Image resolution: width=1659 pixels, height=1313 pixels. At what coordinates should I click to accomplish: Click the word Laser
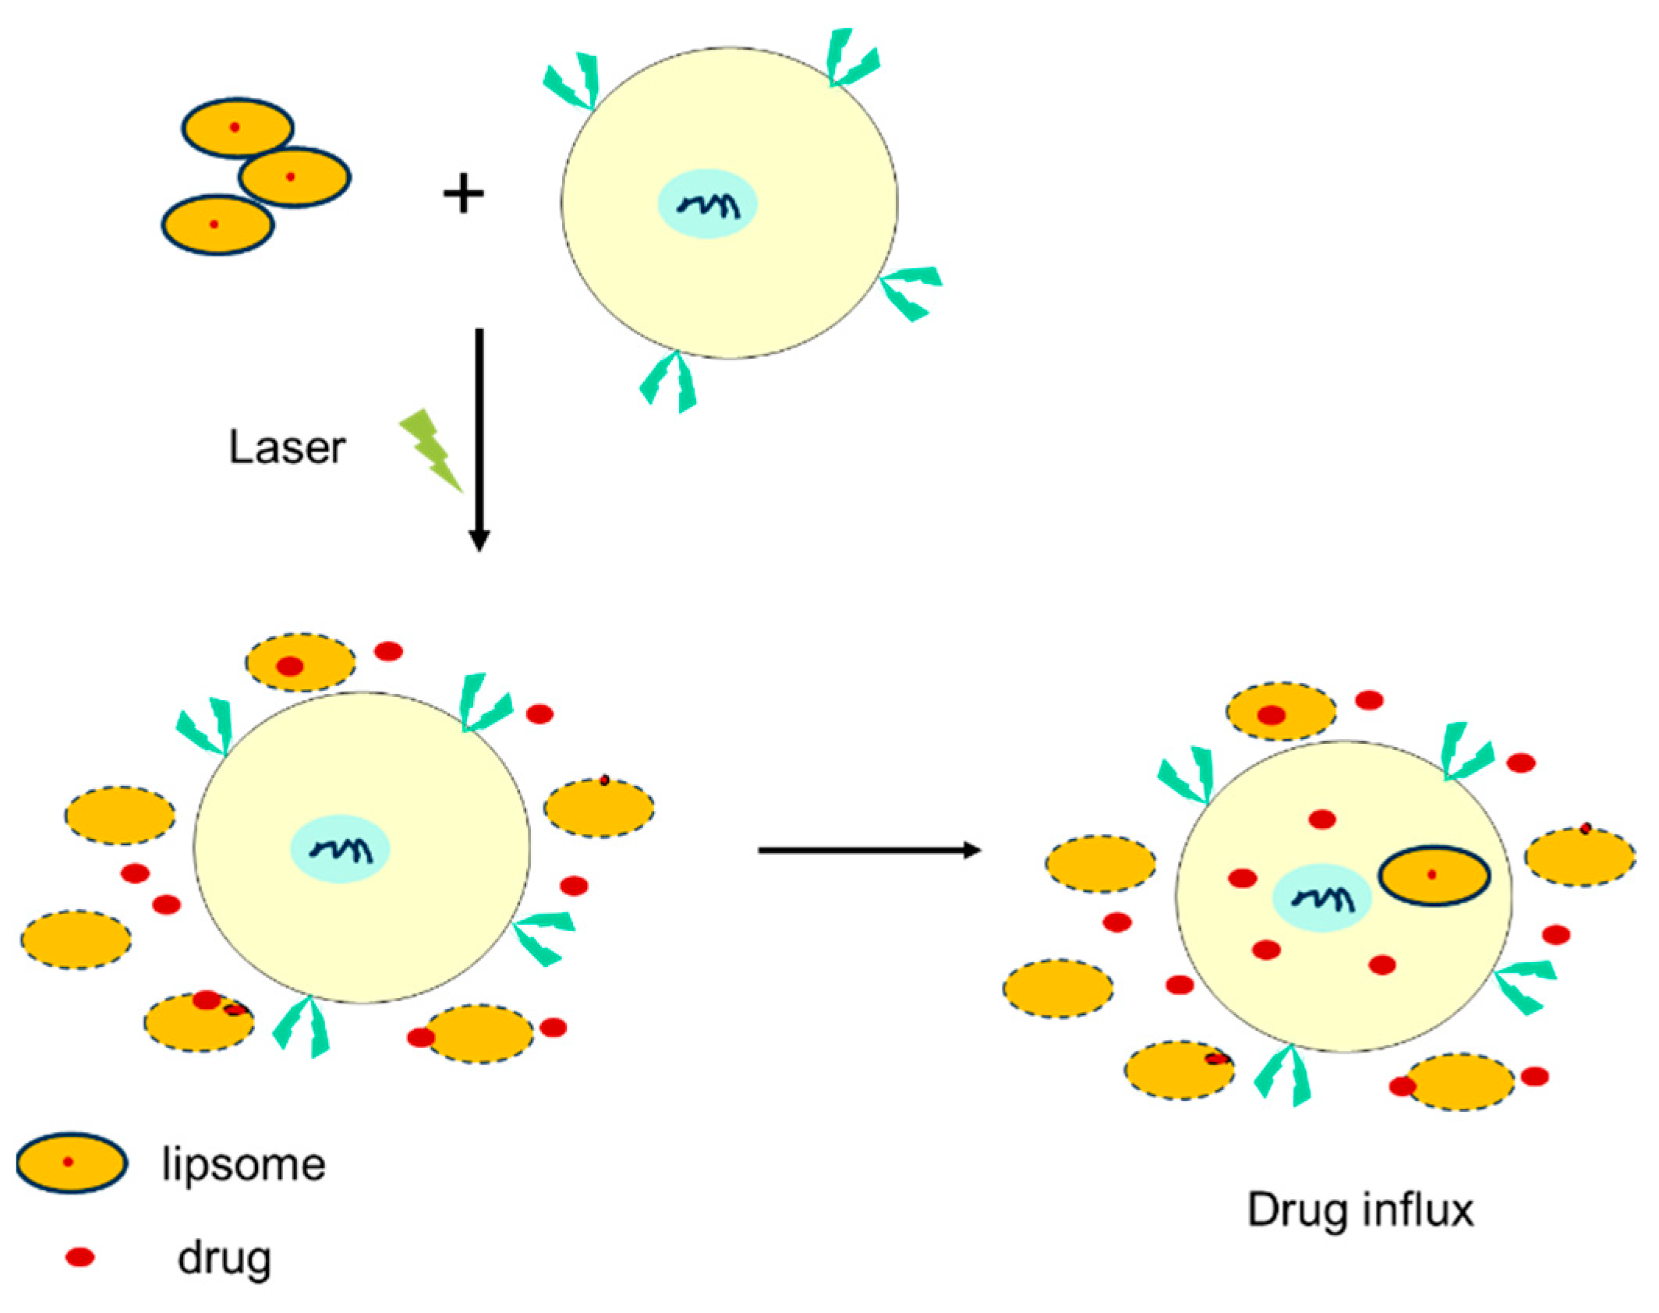tap(286, 448)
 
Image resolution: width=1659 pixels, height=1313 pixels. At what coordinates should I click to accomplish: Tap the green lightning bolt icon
tap(430, 449)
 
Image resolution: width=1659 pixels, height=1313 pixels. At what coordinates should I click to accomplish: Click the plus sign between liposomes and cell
tap(464, 193)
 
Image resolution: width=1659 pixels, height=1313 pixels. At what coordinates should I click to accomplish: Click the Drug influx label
tap(1360, 1211)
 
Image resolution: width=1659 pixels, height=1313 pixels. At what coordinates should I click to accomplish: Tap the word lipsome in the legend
tap(243, 1166)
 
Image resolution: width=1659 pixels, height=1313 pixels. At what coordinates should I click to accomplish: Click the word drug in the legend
tap(224, 1258)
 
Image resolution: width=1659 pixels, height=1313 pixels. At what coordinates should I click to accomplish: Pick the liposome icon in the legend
tap(71, 1163)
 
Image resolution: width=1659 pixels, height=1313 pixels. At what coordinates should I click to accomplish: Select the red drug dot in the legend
tap(80, 1257)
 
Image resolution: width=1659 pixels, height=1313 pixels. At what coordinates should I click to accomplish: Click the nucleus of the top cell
tap(707, 204)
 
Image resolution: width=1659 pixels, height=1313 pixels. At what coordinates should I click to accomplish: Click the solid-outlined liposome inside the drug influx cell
tap(1434, 876)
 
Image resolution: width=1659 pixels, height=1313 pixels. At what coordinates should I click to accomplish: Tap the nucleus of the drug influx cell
tap(1321, 898)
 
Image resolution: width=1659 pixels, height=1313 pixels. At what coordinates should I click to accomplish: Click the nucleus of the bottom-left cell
tap(340, 849)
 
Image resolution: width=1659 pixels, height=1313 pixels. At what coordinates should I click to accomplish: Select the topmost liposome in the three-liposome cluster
tap(237, 127)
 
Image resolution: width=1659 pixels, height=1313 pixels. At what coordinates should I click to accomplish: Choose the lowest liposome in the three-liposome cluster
tap(218, 225)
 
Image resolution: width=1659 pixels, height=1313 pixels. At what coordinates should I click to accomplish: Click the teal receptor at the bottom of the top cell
tap(670, 382)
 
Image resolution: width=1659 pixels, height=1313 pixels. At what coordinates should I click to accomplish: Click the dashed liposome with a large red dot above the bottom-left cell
tap(300, 662)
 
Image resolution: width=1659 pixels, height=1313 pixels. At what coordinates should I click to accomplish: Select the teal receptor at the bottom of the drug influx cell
tap(1285, 1076)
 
